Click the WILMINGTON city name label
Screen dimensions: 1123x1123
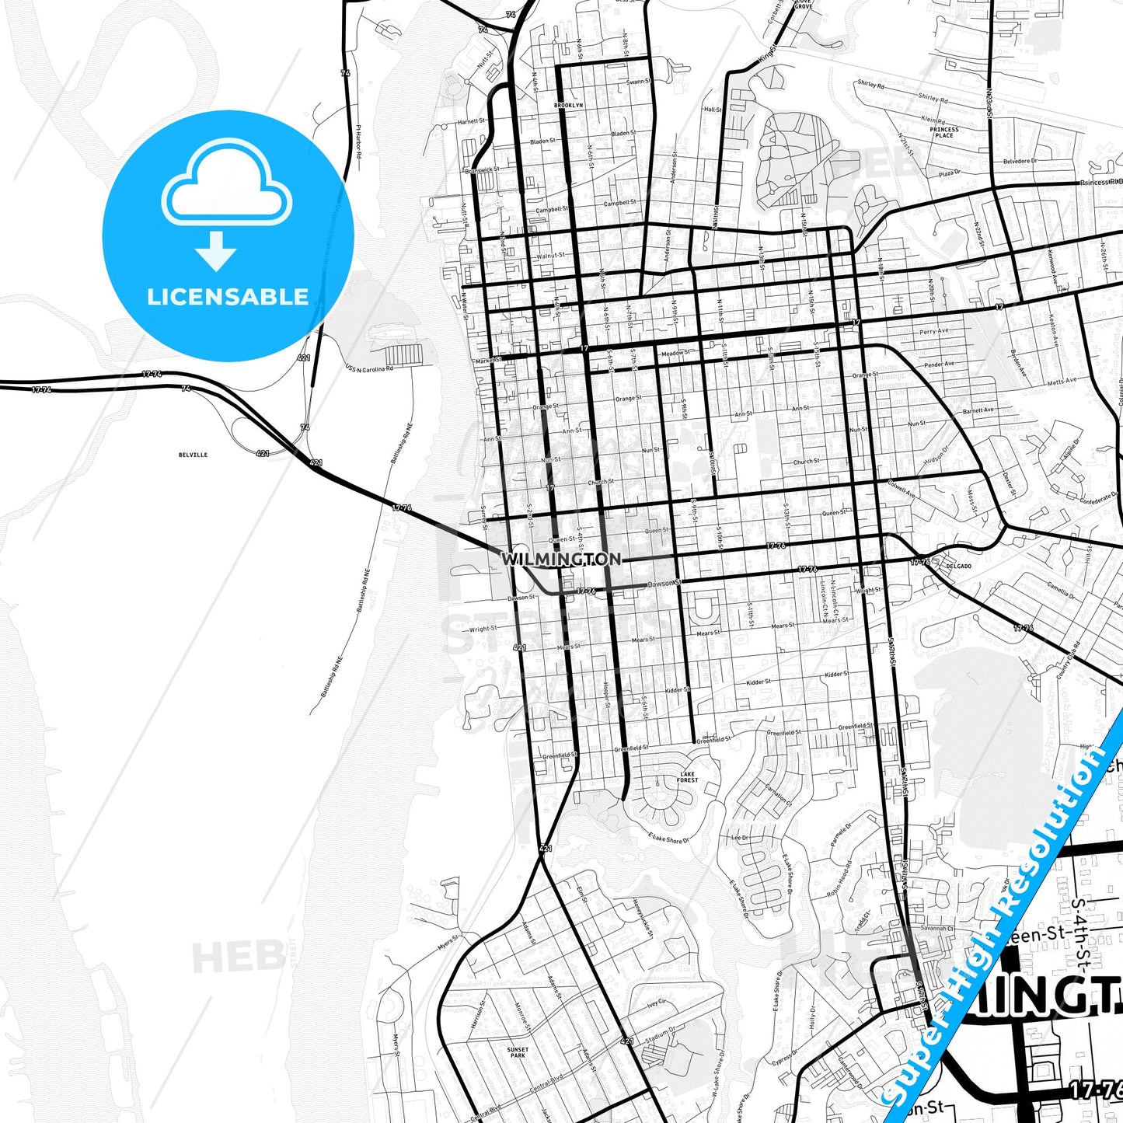tap(560, 559)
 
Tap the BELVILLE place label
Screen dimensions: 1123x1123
tap(193, 455)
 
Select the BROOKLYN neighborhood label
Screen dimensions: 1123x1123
tap(568, 105)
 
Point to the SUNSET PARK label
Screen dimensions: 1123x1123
tap(518, 1052)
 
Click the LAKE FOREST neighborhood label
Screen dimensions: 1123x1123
tap(688, 777)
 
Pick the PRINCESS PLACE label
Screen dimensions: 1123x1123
tap(944, 133)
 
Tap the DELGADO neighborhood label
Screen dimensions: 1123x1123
tap(959, 566)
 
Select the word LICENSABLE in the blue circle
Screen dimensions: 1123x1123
tap(228, 297)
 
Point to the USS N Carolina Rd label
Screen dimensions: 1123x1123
tap(369, 368)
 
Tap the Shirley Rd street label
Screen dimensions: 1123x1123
tap(870, 84)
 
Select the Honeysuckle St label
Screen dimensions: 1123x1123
tap(642, 917)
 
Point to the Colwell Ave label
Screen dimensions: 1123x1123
tap(902, 488)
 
